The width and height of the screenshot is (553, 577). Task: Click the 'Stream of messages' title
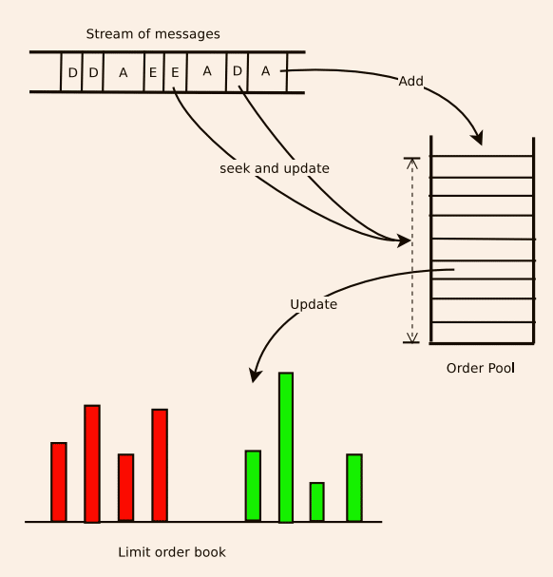153,34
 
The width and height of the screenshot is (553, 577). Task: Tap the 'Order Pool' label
480,368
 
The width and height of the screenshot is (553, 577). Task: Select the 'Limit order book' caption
172,551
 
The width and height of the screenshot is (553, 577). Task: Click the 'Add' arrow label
410,82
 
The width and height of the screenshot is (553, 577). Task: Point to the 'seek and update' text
274,168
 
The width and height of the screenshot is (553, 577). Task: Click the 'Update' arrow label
314,304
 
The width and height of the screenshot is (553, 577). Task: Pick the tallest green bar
286,447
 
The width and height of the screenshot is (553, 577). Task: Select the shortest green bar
316,502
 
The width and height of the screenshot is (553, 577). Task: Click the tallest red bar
92,463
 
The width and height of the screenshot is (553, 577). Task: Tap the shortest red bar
125,487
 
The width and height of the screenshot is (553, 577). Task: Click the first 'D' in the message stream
72,72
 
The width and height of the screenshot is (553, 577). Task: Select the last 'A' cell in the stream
266,71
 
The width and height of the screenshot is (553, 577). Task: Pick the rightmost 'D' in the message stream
238,71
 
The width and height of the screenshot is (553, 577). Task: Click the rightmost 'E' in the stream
175,72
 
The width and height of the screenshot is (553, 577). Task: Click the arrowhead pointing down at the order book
254,376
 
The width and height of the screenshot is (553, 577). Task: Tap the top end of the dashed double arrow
411,160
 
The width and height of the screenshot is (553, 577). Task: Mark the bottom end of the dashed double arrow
411,339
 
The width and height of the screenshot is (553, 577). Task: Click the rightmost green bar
354,488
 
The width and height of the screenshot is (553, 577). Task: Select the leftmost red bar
59,482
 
